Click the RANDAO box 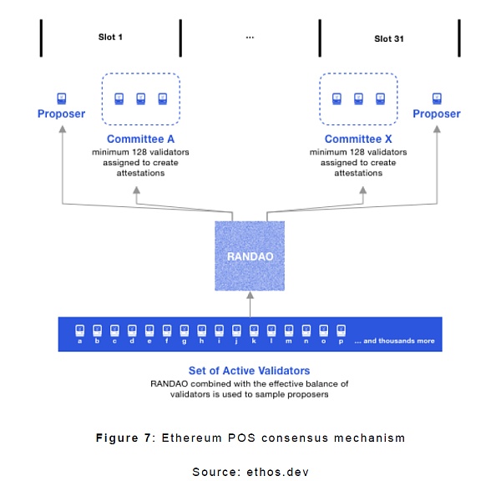[249, 256]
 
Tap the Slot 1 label [110, 38]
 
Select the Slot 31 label [389, 38]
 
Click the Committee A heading [140, 139]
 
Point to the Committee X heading [358, 139]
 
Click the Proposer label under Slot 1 [61, 114]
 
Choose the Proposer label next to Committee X [437, 114]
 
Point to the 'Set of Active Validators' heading [249, 370]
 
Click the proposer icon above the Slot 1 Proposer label [61, 98]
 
